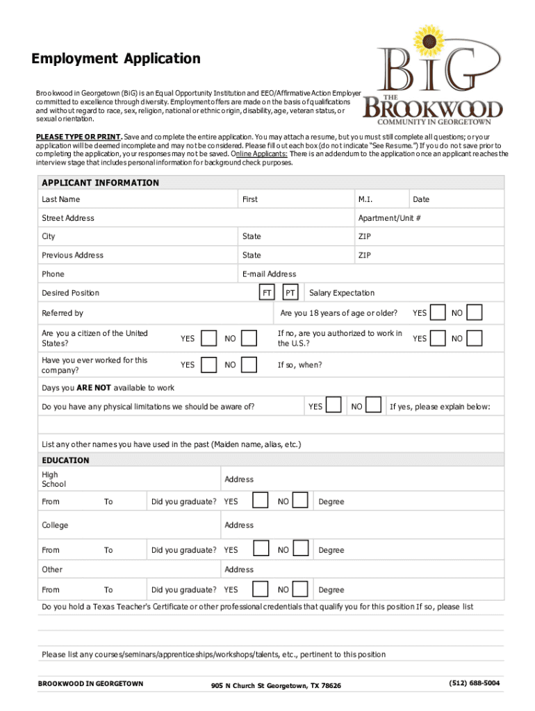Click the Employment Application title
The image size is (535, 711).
point(116,59)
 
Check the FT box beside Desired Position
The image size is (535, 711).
point(266,293)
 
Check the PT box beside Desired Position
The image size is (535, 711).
point(291,293)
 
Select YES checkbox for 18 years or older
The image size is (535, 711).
point(438,313)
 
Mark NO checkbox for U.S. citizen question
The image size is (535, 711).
point(249,339)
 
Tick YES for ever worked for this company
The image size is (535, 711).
point(208,365)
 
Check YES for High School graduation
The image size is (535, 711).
point(261,501)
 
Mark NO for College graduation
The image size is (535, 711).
point(300,550)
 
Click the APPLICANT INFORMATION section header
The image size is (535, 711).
point(101,183)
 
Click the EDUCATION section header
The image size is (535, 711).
point(66,460)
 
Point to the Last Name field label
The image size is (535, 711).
point(61,199)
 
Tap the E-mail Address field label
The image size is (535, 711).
point(269,274)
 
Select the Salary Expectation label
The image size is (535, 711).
point(342,293)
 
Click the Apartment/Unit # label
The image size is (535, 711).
point(390,218)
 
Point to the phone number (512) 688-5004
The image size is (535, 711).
point(475,683)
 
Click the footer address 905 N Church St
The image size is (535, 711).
point(277,685)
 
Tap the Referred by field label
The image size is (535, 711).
point(63,313)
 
